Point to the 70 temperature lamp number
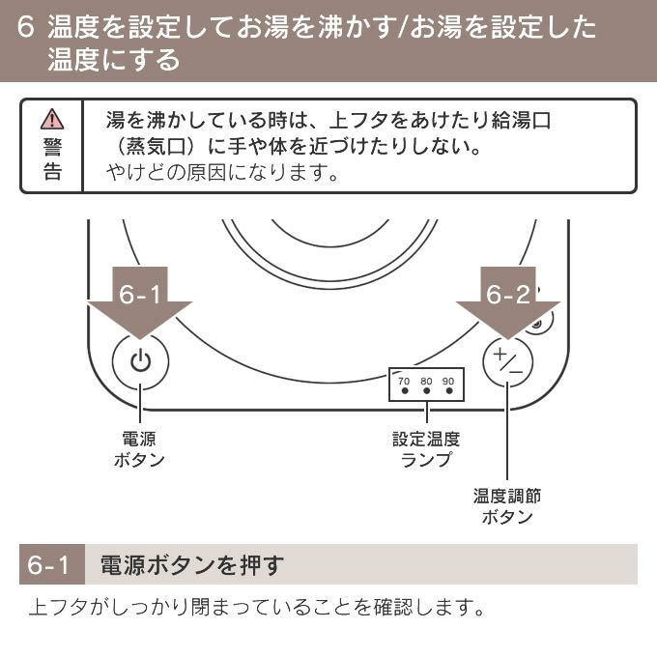pos(404,381)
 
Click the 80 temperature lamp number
pos(426,381)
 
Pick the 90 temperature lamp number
pos(448,381)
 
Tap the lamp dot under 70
pos(404,393)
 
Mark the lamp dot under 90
pos(449,393)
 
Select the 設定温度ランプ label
pos(426,448)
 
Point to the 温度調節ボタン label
pos(507,506)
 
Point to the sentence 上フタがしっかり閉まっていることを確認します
pos(255,610)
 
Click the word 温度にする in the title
pos(114,60)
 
